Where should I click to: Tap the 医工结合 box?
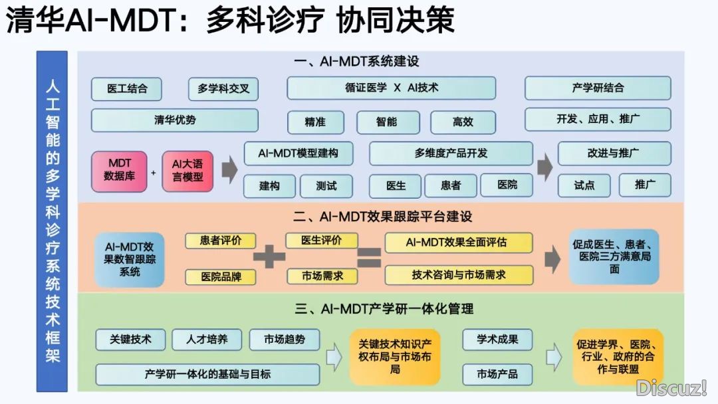point(127,88)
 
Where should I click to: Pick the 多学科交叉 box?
point(223,88)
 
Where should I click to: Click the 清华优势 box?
point(175,120)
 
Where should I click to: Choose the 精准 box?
point(315,122)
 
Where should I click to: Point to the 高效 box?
point(463,122)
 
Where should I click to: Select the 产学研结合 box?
point(598,88)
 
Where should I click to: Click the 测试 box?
point(326,185)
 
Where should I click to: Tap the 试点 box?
point(584,185)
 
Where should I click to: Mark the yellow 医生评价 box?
point(322,241)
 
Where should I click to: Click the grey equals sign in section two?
point(370,257)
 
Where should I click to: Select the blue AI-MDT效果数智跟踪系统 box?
point(130,258)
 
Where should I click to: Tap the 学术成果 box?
point(497,340)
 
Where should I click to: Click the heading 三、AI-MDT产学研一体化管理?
point(384,308)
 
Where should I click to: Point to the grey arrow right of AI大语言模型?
point(229,170)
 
